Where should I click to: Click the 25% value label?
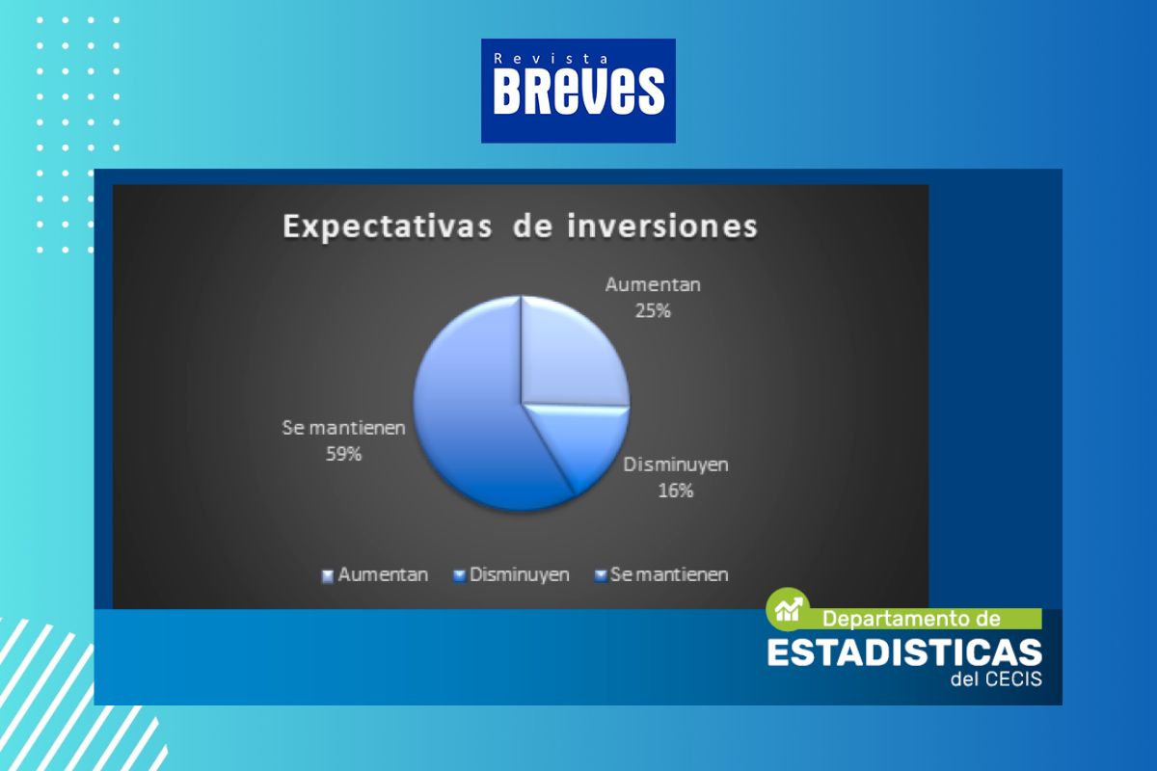(653, 311)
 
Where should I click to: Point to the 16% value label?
(676, 491)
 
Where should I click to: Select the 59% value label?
(343, 455)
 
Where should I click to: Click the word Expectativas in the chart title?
(388, 227)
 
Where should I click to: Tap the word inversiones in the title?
(662, 226)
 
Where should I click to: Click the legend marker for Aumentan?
(328, 576)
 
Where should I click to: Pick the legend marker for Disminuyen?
(459, 576)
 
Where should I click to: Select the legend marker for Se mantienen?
(600, 576)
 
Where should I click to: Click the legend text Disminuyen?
(519, 574)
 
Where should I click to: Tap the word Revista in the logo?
(551, 59)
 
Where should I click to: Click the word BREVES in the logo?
(578, 91)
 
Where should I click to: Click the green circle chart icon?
(788, 609)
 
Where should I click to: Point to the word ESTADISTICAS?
(905, 652)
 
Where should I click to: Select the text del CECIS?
(996, 679)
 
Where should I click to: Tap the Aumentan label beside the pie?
(653, 284)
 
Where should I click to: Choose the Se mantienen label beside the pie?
(343, 428)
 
